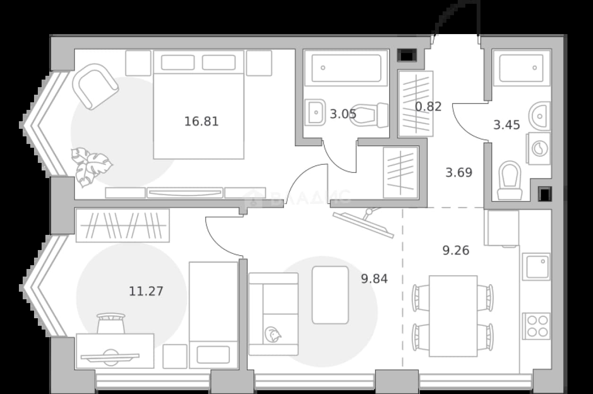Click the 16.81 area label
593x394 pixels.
click(201, 122)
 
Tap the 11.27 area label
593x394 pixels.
click(146, 291)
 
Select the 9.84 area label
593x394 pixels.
click(375, 278)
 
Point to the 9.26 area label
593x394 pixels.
click(456, 251)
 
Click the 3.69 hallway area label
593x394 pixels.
click(459, 172)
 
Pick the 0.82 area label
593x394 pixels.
click(428, 107)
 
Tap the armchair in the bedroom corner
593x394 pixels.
click(96, 87)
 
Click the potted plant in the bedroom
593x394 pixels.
click(91, 167)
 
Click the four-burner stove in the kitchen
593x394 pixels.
click(536, 326)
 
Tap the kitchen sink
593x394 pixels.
click(536, 267)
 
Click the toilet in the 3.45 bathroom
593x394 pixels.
click(510, 180)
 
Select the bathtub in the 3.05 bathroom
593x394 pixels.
click(346, 68)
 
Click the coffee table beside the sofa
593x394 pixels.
click(330, 295)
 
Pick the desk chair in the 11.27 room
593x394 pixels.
click(111, 323)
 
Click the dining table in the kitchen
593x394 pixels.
click(453, 316)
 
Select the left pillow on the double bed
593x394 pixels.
click(178, 63)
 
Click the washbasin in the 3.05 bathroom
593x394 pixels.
click(315, 112)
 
